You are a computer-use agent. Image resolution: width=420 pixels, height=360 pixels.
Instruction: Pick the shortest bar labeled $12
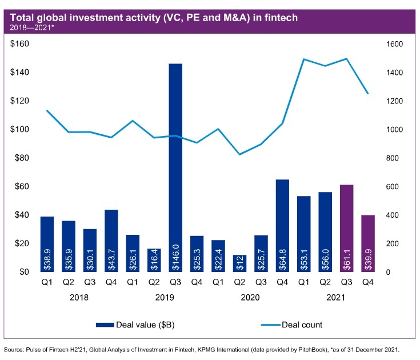pyautogui.click(x=240, y=263)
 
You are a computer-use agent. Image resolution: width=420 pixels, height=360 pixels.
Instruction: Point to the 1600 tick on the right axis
pyautogui.click(x=381, y=44)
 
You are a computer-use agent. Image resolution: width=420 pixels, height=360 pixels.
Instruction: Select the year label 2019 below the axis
pyautogui.click(x=165, y=298)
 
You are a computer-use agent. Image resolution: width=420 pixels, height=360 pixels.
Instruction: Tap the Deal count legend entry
pyautogui.click(x=300, y=325)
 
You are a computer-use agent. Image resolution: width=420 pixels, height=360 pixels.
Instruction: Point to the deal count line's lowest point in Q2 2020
pyautogui.click(x=239, y=154)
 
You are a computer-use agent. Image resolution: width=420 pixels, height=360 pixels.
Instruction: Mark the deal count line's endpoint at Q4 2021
pyautogui.click(x=367, y=93)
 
